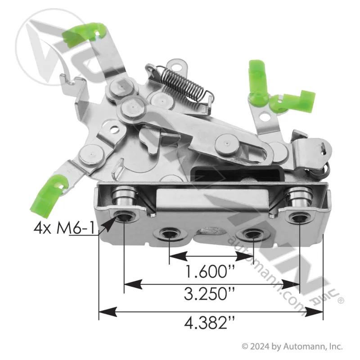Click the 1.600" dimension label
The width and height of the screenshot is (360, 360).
(x=210, y=271)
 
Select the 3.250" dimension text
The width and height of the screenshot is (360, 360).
(x=209, y=294)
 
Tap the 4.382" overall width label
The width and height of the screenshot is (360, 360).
(x=209, y=323)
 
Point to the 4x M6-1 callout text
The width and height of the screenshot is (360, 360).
(x=64, y=228)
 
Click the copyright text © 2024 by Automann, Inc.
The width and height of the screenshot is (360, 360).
(x=292, y=346)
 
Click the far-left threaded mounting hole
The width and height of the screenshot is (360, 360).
(x=124, y=216)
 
